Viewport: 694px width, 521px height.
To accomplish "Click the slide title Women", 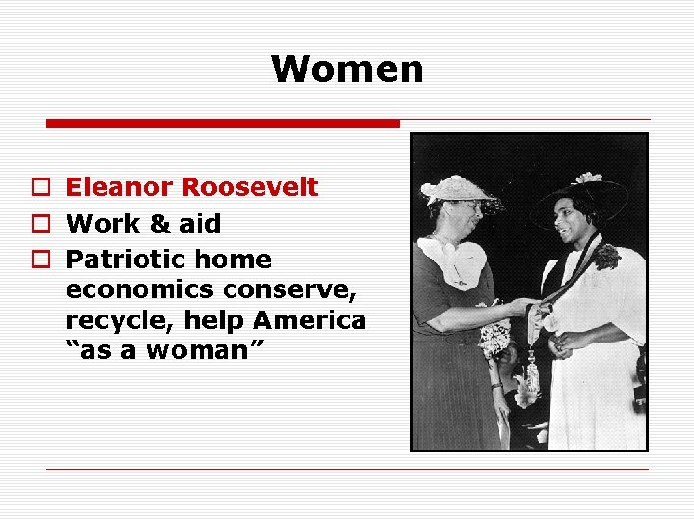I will click(347, 69).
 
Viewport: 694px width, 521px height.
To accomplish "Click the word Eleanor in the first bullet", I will click(119, 187).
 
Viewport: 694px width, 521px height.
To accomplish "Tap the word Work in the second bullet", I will click(101, 224).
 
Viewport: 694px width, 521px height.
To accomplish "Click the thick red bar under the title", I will click(223, 123).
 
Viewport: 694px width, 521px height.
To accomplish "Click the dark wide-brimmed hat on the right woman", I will click(578, 193).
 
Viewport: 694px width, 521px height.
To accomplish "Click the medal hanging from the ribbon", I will click(532, 366).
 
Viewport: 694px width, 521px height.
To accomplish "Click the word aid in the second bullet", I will click(199, 224).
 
